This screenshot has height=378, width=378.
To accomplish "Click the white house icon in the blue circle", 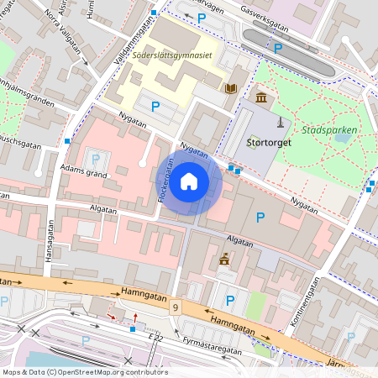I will pyautogui.click(x=189, y=181).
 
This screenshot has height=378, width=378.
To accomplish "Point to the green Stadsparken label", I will pyautogui.click(x=329, y=130).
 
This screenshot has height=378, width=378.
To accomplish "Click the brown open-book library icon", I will pyautogui.click(x=230, y=87).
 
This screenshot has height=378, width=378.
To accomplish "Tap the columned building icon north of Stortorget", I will pyautogui.click(x=261, y=99).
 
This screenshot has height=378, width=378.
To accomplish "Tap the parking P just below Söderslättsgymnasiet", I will pyautogui.click(x=155, y=106).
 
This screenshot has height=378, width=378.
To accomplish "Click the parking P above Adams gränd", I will pyautogui.click(x=95, y=159).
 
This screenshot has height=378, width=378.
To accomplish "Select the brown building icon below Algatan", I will pyautogui.click(x=224, y=260).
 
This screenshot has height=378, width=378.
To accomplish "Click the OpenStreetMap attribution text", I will pyautogui.click(x=84, y=372).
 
